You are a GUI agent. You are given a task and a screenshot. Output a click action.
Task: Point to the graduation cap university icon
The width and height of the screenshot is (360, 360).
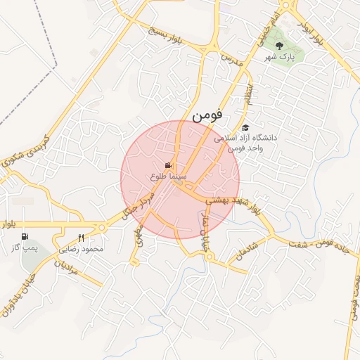245,127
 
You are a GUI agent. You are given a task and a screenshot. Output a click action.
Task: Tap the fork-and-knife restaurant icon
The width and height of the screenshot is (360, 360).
82,238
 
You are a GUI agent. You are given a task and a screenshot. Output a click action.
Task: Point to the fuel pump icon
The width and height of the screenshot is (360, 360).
26,237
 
